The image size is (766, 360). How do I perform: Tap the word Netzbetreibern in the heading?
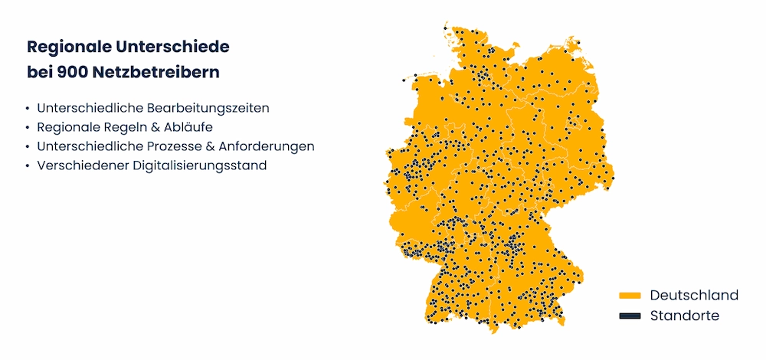[x=155, y=73]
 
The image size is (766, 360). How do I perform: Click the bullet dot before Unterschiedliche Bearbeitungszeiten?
[x=28, y=109]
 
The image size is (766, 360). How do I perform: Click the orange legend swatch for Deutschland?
[x=630, y=296]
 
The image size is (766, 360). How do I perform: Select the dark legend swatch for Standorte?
[x=630, y=316]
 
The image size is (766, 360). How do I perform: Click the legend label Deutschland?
[x=694, y=296]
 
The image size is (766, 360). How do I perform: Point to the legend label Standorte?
[x=685, y=316]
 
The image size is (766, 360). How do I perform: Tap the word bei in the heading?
[x=40, y=73]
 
